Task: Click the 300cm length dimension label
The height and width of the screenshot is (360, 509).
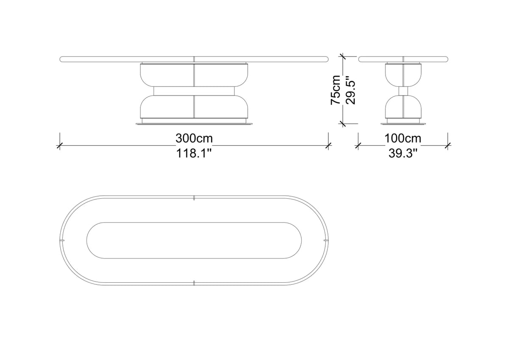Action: click(x=194, y=138)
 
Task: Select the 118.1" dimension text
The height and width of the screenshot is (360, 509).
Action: click(x=194, y=154)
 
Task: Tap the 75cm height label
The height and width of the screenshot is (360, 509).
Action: click(x=336, y=90)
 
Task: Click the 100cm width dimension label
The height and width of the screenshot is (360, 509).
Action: click(x=403, y=138)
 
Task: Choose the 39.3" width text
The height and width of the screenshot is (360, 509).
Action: click(x=403, y=154)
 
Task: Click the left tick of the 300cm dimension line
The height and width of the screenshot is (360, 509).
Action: click(x=59, y=146)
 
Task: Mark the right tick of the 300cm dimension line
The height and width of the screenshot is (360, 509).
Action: click(x=328, y=146)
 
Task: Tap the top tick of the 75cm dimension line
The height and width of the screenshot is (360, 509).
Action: click(x=342, y=56)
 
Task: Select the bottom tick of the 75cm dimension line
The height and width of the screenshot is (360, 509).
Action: click(x=342, y=124)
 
